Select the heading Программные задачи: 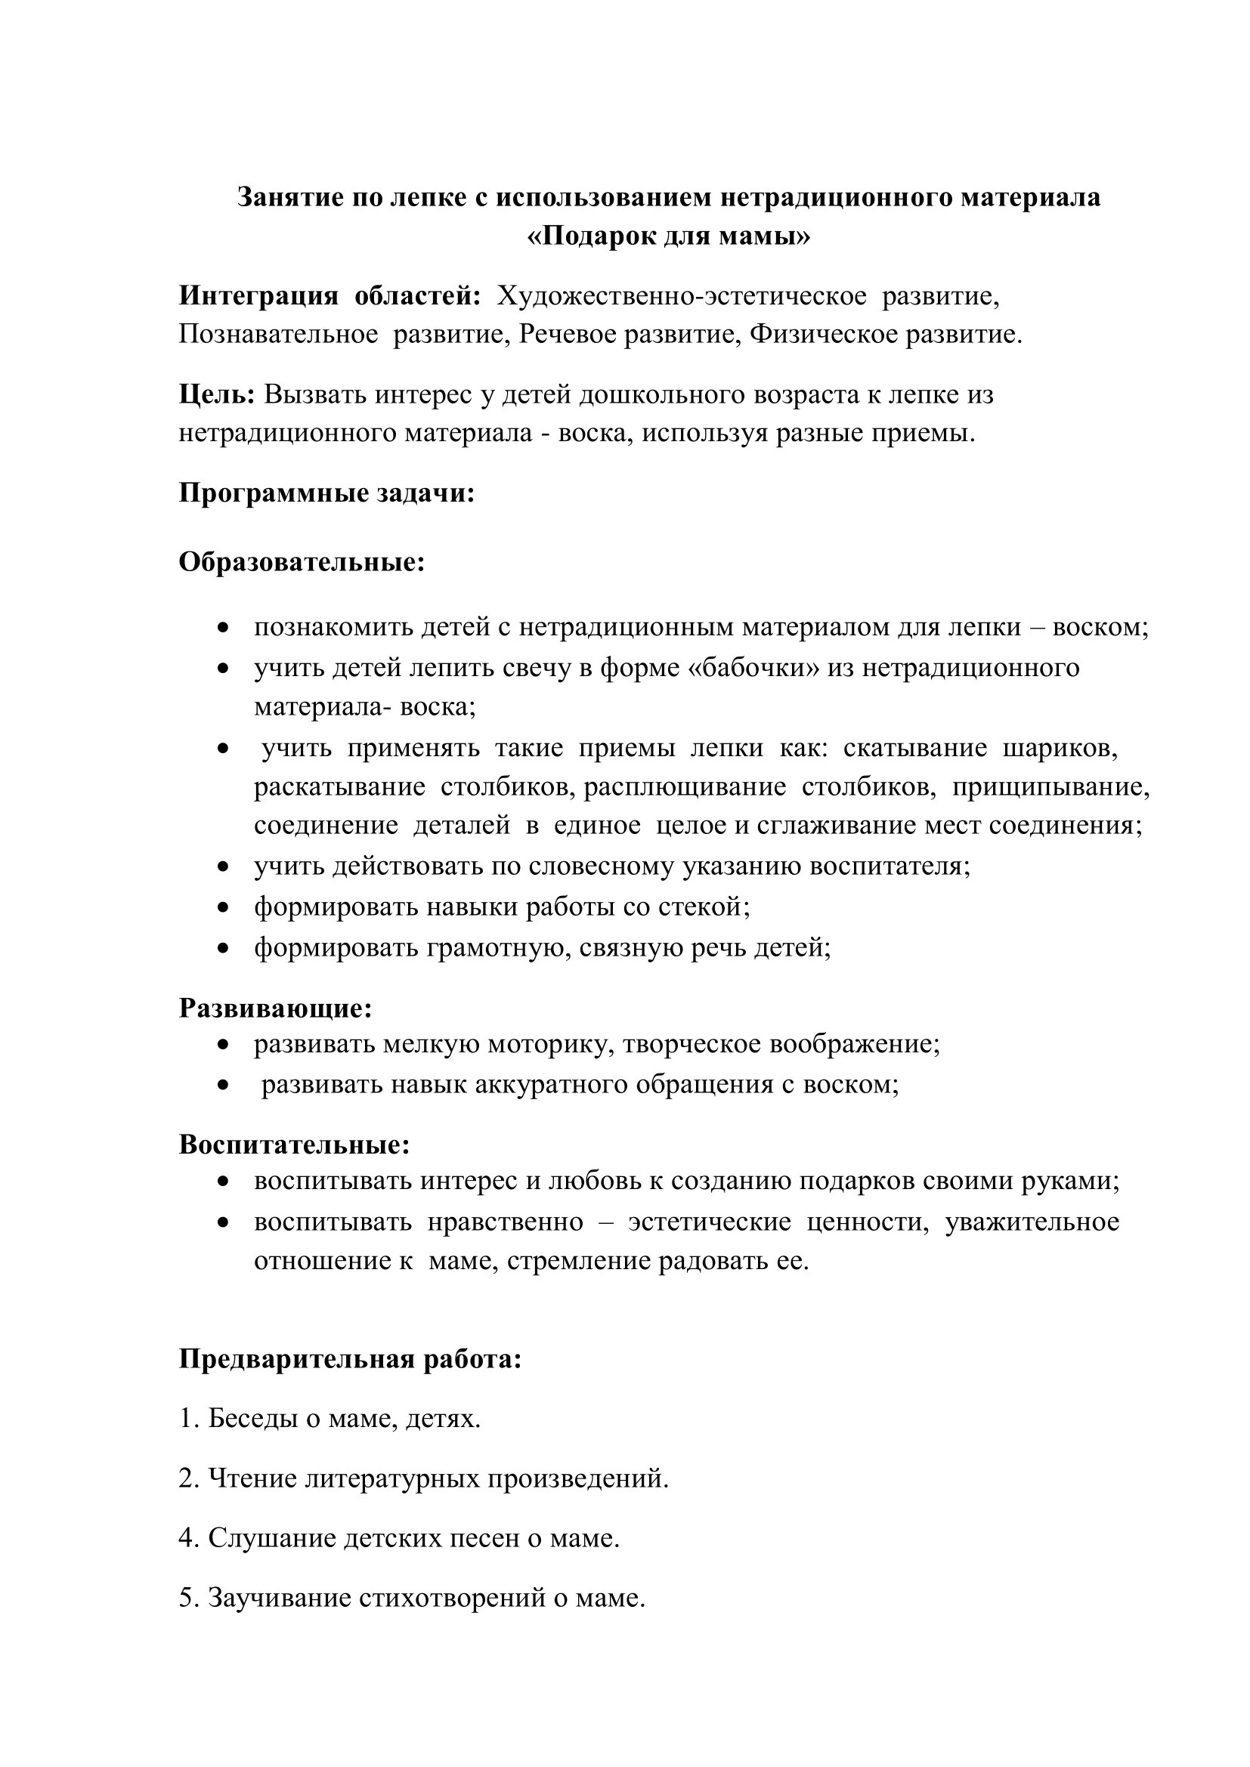point(326,493)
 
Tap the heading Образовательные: point(302,562)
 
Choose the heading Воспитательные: point(294,1145)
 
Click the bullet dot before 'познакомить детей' point(223,627)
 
